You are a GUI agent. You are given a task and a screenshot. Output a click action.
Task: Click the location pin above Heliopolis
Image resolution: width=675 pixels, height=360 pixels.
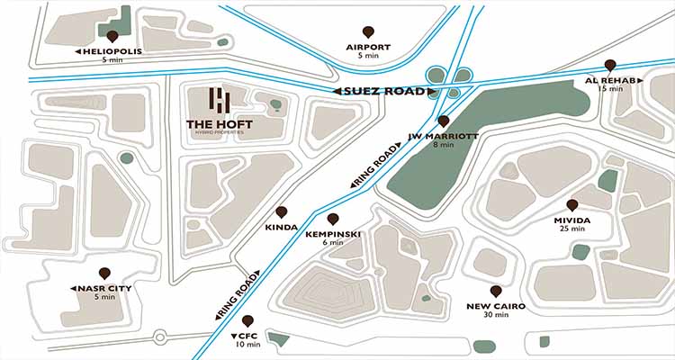[112, 37]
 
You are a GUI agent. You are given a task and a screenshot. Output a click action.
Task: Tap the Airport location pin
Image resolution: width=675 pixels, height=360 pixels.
[367, 32]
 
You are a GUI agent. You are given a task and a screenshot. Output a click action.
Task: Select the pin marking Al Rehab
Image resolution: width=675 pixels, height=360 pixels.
[610, 66]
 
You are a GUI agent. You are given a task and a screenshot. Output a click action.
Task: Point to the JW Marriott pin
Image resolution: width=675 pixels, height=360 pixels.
[443, 121]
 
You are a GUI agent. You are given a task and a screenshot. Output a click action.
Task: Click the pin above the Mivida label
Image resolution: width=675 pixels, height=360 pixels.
[572, 206]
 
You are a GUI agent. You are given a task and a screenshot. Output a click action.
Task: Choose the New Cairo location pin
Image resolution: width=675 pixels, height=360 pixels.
[496, 292]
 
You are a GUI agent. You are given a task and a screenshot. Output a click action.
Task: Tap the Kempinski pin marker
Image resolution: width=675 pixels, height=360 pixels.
[333, 220]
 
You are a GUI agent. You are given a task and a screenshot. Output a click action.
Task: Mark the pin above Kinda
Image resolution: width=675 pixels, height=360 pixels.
[282, 213]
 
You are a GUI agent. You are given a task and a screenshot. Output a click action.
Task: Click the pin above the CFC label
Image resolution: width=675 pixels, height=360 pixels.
[247, 320]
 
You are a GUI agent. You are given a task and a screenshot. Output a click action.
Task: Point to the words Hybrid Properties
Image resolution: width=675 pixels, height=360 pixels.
[221, 134]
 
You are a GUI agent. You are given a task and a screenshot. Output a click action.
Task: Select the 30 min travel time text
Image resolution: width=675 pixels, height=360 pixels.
[496, 316]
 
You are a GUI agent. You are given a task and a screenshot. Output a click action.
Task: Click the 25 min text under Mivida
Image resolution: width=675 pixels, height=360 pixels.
[572, 229]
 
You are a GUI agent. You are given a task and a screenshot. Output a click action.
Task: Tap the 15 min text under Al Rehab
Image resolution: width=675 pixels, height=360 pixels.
[610, 89]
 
